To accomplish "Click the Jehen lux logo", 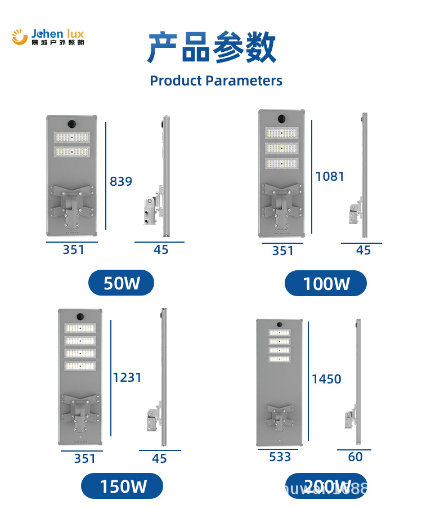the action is click(48, 37).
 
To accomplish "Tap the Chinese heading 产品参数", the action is click(212, 48).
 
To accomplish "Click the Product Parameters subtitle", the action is click(216, 81).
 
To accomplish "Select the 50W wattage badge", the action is click(122, 283).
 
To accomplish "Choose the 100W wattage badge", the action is click(326, 283).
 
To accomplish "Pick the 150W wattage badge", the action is click(123, 486).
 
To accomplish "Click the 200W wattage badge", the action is click(327, 486).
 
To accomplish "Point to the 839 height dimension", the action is click(121, 181).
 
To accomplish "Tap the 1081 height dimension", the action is click(330, 176).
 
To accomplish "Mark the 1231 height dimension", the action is click(127, 377).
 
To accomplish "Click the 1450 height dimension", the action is click(326, 379).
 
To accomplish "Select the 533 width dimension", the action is click(280, 457).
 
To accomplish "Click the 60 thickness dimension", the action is click(355, 457).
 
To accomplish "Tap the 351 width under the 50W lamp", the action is click(73, 249).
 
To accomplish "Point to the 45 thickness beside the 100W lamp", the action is click(363, 250).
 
